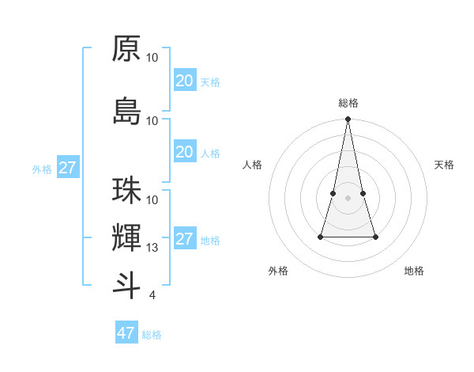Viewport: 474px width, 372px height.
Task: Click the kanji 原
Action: tap(126, 49)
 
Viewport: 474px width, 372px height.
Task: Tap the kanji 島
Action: tap(126, 112)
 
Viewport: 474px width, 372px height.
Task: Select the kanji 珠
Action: tap(126, 192)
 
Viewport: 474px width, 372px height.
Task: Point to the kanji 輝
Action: tap(126, 237)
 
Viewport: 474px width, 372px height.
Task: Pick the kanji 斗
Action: tap(126, 285)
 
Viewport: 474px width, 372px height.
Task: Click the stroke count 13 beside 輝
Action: tap(153, 248)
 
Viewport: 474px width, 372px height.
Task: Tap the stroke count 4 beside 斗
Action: tap(152, 295)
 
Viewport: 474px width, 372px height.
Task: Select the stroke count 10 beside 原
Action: tap(152, 58)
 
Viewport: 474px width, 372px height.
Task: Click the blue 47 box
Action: tap(126, 333)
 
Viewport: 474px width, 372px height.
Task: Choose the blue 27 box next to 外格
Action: tap(67, 168)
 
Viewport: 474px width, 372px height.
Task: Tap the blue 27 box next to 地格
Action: tap(184, 239)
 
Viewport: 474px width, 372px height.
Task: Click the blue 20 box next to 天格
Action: tap(184, 81)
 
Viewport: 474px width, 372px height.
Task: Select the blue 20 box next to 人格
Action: tap(184, 152)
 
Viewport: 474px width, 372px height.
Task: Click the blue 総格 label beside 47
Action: tap(152, 335)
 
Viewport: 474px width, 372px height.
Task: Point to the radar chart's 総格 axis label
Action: tap(348, 103)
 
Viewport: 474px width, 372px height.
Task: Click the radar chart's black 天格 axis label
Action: tap(444, 165)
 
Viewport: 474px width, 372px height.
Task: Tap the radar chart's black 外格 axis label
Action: tap(278, 271)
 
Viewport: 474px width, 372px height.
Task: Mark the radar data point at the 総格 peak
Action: tap(348, 120)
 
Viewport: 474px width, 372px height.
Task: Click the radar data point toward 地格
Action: tap(375, 237)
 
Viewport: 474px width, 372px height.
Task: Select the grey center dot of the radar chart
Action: tap(348, 198)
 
